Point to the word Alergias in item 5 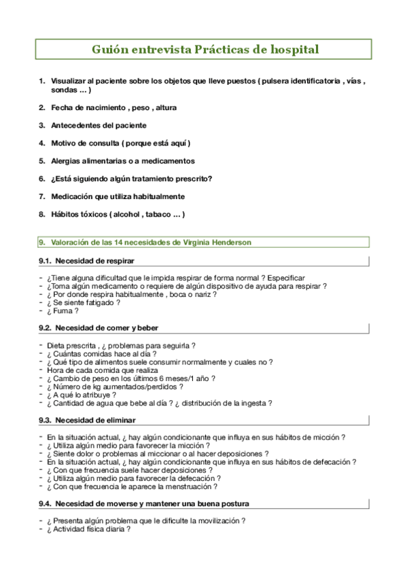[x=67, y=161]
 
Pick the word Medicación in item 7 [x=74, y=196]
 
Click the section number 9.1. [x=46, y=261]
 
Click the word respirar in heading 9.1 [x=118, y=261]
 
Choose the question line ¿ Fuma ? [x=62, y=311]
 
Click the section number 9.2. [x=46, y=328]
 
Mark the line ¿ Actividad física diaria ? [x=88, y=528]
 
